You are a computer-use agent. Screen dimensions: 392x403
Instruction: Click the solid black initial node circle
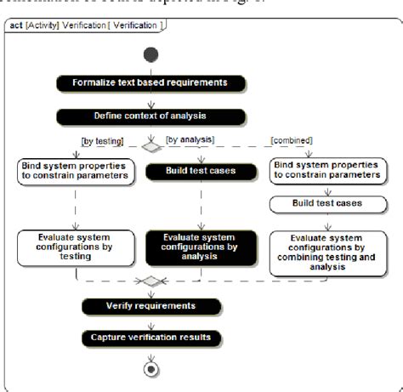pos(150,55)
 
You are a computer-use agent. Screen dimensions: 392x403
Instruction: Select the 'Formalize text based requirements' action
pos(150,82)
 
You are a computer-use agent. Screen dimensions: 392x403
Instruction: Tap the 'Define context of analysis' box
pos(150,114)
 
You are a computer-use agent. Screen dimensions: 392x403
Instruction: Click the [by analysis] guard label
pos(188,138)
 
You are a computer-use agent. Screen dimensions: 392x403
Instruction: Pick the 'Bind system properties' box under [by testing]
pos(74,170)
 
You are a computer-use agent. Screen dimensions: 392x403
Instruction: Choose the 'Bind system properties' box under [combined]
pos(326,170)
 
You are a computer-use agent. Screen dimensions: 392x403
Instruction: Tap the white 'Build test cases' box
pos(327,203)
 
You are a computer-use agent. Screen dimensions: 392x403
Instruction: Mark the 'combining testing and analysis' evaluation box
pos(327,252)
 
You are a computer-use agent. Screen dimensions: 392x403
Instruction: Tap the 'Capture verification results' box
pos(150,338)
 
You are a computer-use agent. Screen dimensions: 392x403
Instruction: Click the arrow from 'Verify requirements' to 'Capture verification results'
pos(151,322)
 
